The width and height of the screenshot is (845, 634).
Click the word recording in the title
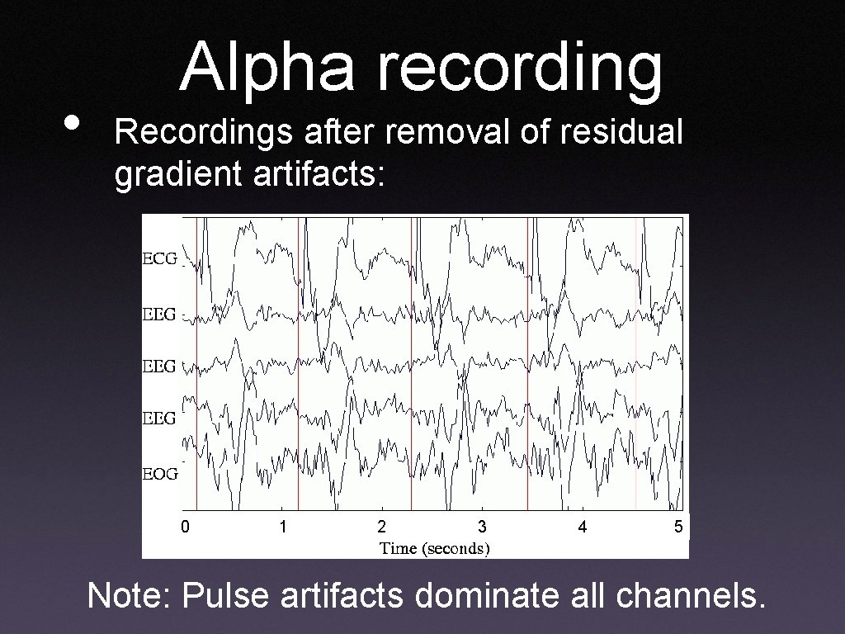(x=520, y=69)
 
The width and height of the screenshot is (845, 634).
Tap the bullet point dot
(x=73, y=124)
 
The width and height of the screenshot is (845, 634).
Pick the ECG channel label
(x=159, y=258)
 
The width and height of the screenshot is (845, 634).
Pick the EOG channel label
(x=159, y=474)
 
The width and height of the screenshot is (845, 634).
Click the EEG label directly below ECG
(x=159, y=314)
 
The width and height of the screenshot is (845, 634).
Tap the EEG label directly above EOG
(x=159, y=418)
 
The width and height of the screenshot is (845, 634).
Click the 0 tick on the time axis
(x=186, y=526)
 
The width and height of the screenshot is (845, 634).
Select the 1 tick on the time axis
(x=283, y=526)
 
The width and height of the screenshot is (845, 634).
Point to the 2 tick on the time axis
(x=381, y=526)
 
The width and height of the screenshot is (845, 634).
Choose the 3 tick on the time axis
(x=482, y=526)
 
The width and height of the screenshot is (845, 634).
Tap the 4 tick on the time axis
(x=583, y=526)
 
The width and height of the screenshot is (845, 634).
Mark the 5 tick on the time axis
(x=677, y=526)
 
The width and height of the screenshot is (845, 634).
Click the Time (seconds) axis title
(x=434, y=548)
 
